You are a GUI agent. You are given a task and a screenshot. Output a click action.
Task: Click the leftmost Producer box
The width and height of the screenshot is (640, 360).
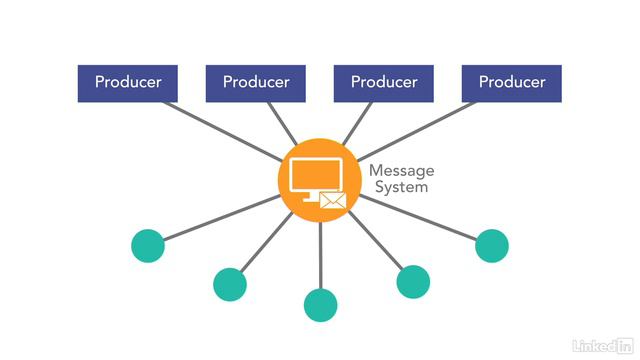128,83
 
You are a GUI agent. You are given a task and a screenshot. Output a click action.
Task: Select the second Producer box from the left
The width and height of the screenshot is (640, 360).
256,83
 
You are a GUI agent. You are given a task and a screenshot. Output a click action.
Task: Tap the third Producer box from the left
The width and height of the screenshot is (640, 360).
384,83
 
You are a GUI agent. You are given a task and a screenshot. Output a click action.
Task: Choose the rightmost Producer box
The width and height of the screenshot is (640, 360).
512,83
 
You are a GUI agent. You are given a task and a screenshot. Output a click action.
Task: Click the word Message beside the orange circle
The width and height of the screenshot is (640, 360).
400,170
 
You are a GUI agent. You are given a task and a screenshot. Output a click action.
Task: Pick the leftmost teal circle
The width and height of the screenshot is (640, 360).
148,245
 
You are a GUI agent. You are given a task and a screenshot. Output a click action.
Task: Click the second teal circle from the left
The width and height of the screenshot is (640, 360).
230,285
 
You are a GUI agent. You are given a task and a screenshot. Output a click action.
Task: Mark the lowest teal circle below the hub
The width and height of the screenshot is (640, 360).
320,304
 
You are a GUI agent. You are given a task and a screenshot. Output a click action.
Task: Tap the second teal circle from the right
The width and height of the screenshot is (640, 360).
413,281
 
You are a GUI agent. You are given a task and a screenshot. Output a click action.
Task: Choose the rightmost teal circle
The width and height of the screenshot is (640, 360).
492,245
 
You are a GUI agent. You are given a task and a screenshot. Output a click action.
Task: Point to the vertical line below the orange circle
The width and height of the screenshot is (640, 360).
320,255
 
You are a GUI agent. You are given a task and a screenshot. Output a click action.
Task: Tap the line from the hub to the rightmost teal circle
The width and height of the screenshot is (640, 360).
420,219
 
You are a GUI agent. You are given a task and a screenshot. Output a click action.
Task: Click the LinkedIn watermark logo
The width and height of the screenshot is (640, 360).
601,345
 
